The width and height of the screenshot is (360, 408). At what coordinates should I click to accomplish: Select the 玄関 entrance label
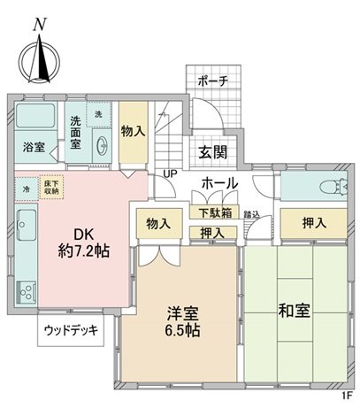pyautogui.click(x=211, y=150)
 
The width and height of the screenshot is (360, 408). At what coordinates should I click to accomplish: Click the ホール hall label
pyautogui.click(x=218, y=182)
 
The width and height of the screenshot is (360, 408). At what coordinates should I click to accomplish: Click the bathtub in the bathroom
pyautogui.click(x=35, y=119)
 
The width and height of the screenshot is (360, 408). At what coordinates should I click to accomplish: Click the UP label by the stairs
pyautogui.click(x=168, y=174)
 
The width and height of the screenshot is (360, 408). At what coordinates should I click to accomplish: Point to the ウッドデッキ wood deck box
pyautogui.click(x=73, y=333)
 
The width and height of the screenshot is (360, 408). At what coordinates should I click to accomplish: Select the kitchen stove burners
pyautogui.click(x=26, y=290)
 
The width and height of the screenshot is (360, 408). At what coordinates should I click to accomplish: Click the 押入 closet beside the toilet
pyautogui.click(x=312, y=221)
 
